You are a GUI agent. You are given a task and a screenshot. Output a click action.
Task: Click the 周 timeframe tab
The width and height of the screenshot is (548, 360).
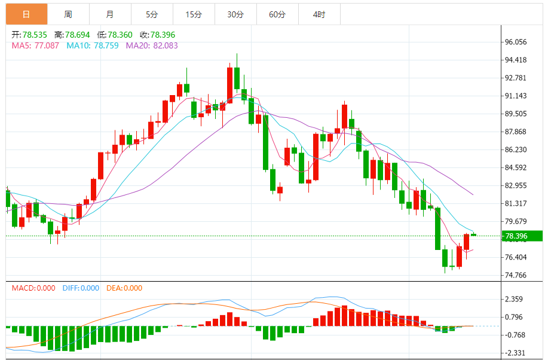pyautogui.click(x=68, y=14)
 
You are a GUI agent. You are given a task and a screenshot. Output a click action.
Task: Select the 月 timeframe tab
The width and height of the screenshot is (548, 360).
pyautogui.click(x=110, y=14)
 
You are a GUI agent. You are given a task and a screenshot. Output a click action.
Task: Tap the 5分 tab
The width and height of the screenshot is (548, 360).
pyautogui.click(x=152, y=14)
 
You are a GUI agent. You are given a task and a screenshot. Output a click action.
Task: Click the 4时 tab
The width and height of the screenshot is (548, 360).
pyautogui.click(x=319, y=14)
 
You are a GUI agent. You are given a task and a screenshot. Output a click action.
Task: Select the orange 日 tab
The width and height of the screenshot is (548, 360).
pyautogui.click(x=26, y=14)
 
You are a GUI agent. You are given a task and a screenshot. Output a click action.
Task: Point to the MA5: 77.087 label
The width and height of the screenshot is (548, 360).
pyautogui.click(x=35, y=45)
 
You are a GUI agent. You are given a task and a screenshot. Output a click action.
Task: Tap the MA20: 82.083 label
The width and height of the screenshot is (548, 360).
pyautogui.click(x=152, y=45)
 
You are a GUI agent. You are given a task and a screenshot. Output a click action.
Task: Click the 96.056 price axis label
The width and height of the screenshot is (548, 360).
pyautogui.click(x=516, y=42)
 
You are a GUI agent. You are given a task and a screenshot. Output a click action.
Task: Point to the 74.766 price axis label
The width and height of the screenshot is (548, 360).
pyautogui.click(x=516, y=275)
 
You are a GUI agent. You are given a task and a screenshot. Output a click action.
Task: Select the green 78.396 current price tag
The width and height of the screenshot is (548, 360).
pyautogui.click(x=521, y=236)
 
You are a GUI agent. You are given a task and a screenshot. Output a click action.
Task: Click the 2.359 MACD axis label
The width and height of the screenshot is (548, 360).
pyautogui.click(x=514, y=299)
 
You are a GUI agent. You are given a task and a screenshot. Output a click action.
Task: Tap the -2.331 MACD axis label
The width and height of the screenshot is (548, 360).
pyautogui.click(x=514, y=353)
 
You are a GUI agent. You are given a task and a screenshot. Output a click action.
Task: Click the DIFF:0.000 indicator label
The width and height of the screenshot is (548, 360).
pyautogui.click(x=81, y=288)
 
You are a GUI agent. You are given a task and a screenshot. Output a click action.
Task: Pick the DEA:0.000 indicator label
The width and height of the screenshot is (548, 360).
pyautogui.click(x=124, y=288)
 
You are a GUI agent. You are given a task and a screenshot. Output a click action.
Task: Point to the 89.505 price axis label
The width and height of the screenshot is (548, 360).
pyautogui.click(x=516, y=114)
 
